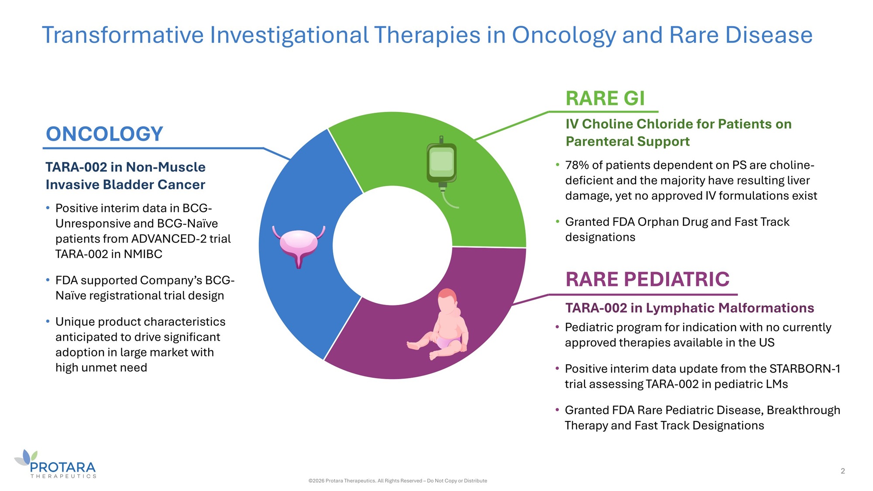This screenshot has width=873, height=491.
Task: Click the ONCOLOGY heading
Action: click(x=104, y=134)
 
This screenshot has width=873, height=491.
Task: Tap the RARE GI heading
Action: click(x=605, y=98)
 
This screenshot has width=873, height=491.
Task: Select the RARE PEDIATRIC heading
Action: click(x=647, y=279)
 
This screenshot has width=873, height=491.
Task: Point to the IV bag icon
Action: click(x=442, y=170)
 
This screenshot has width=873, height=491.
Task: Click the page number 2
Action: click(x=843, y=471)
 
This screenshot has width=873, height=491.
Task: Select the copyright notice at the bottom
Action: click(x=398, y=481)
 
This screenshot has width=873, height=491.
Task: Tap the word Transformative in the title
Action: click(x=123, y=35)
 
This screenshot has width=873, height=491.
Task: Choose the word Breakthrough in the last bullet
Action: click(x=803, y=410)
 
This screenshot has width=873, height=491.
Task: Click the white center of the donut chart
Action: click(x=392, y=245)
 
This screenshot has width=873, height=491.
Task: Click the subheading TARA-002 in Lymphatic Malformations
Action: click(x=690, y=308)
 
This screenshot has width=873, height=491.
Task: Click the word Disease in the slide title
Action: click(x=769, y=35)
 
